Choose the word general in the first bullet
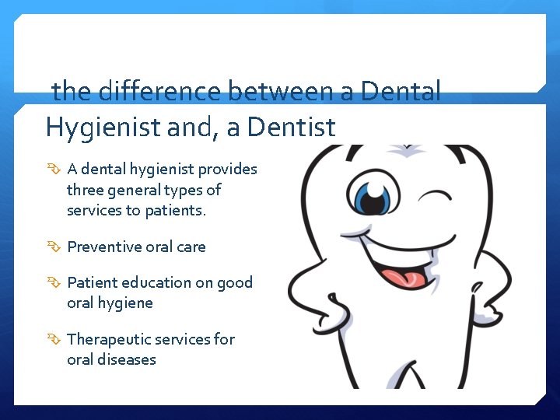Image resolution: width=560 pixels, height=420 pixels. point(140,190)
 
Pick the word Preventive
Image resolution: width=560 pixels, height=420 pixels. point(103,247)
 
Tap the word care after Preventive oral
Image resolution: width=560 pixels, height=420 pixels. point(191,247)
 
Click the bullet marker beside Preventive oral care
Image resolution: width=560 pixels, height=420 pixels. point(54,247)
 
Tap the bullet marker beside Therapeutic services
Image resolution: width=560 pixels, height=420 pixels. point(54,340)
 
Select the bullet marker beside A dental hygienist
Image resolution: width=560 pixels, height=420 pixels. point(54,170)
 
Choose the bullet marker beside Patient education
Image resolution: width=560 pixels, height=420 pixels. point(54,283)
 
